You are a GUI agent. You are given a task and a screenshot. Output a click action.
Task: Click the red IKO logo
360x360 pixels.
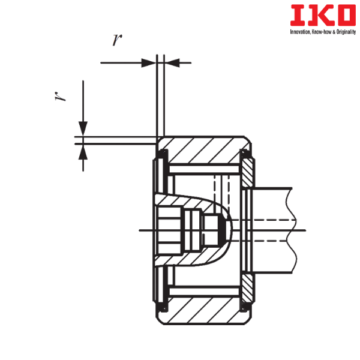point(323,15)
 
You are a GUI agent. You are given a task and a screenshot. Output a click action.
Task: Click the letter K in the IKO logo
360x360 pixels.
point(323,15)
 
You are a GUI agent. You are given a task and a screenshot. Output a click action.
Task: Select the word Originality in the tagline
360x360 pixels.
point(346,32)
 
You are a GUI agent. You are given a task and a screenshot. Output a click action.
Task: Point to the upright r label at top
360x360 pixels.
point(118,40)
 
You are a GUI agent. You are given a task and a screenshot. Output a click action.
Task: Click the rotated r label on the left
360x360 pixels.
point(59,96)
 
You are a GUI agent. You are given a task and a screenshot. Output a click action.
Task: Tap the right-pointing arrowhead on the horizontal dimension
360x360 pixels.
point(149,62)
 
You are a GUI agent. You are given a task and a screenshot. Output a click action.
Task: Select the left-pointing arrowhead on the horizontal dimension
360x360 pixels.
point(172,62)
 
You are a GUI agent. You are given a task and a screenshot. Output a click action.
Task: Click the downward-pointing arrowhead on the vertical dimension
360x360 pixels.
point(83,129)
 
